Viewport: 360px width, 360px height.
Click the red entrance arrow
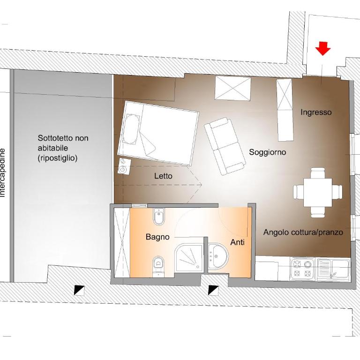[x=323, y=48]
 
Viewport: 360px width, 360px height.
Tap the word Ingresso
[x=316, y=112]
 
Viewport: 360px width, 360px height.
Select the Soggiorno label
[x=268, y=152]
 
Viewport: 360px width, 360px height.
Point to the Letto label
[x=163, y=176]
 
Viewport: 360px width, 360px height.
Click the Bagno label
[x=157, y=237]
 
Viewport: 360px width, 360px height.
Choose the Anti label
[x=237, y=242]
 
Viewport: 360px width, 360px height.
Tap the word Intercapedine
[x=2, y=173]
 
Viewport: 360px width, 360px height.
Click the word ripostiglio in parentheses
[x=58, y=158]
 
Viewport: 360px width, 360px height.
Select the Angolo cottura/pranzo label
[x=303, y=232]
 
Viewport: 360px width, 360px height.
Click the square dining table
[x=318, y=193]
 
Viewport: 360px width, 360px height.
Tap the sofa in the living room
[x=225, y=146]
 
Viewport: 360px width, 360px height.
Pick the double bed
[x=158, y=133]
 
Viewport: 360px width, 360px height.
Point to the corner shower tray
[x=189, y=258]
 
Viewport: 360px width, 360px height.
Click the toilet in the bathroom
[x=158, y=266]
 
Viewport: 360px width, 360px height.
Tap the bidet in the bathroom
[x=158, y=217]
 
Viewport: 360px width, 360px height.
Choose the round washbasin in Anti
[x=218, y=255]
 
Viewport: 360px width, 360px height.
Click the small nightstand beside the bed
[x=124, y=167]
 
